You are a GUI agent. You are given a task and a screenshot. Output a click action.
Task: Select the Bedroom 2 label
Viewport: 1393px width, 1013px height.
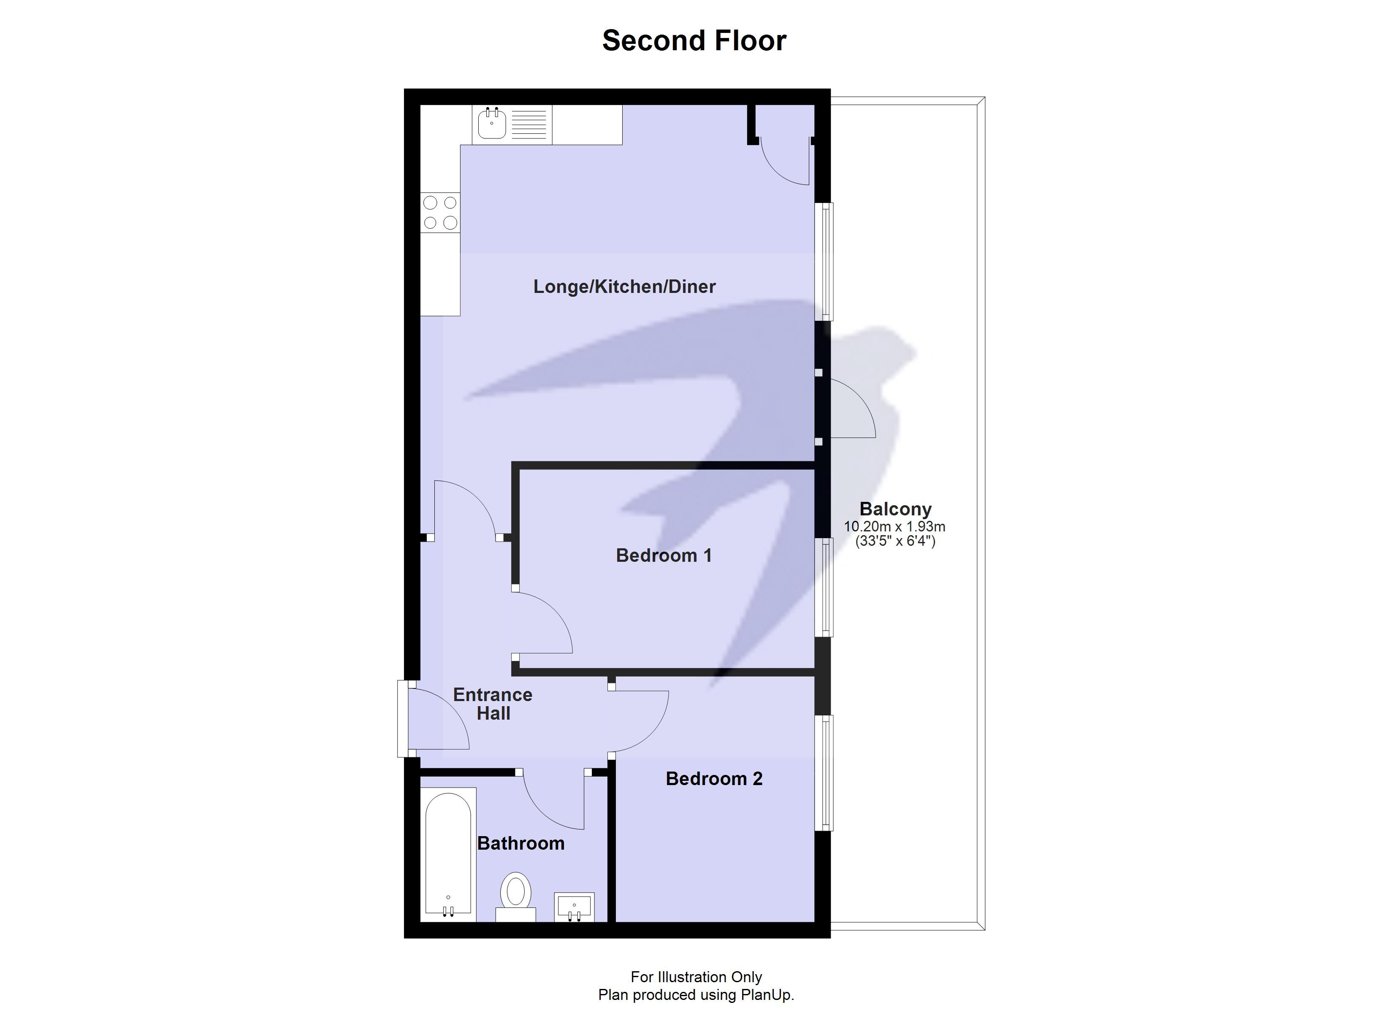(x=714, y=779)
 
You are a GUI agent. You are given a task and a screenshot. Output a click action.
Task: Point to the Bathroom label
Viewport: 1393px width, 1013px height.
(x=521, y=843)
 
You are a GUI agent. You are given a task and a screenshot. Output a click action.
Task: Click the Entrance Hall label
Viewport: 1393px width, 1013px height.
(x=493, y=704)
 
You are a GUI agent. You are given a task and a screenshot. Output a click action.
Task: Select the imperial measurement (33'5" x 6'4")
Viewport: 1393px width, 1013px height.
(x=895, y=541)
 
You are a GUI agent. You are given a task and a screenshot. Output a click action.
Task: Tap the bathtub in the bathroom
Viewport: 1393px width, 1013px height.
(x=448, y=854)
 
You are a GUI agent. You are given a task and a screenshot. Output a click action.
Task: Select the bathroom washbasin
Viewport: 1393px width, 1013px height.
(x=574, y=907)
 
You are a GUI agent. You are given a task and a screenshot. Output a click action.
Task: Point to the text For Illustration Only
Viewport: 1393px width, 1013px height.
(x=696, y=977)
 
